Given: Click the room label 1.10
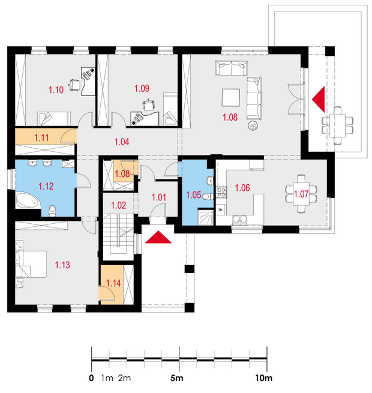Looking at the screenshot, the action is pos(56,90).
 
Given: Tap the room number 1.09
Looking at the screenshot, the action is pos(142,88).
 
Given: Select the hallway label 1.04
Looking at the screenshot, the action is pos(122,142).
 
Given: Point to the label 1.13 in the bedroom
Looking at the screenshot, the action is pos(62,265).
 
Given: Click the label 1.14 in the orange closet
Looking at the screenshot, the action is pos(113,283).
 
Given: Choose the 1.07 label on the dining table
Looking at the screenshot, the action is pos(301,194).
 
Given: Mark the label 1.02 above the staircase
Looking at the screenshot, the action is pos(119,206).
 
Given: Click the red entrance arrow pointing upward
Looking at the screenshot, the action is pos(158,237).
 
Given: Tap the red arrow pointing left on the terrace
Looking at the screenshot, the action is pos(319,100).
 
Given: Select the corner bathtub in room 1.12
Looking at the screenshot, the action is pos(27,200).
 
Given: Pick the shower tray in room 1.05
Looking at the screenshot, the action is pos(206,217).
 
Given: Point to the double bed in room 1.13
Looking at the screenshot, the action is pos(31,264).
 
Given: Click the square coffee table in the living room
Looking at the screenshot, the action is pos(230,97).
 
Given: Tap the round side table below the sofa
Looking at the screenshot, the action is pos(253,125).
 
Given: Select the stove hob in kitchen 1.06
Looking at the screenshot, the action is pos(221,192).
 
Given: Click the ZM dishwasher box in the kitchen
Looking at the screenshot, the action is pos(221,210).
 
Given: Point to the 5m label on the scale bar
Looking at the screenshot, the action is pos(177,378).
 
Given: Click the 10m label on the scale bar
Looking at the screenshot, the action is pos(264,378).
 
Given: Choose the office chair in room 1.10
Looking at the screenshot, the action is pos(74,85).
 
